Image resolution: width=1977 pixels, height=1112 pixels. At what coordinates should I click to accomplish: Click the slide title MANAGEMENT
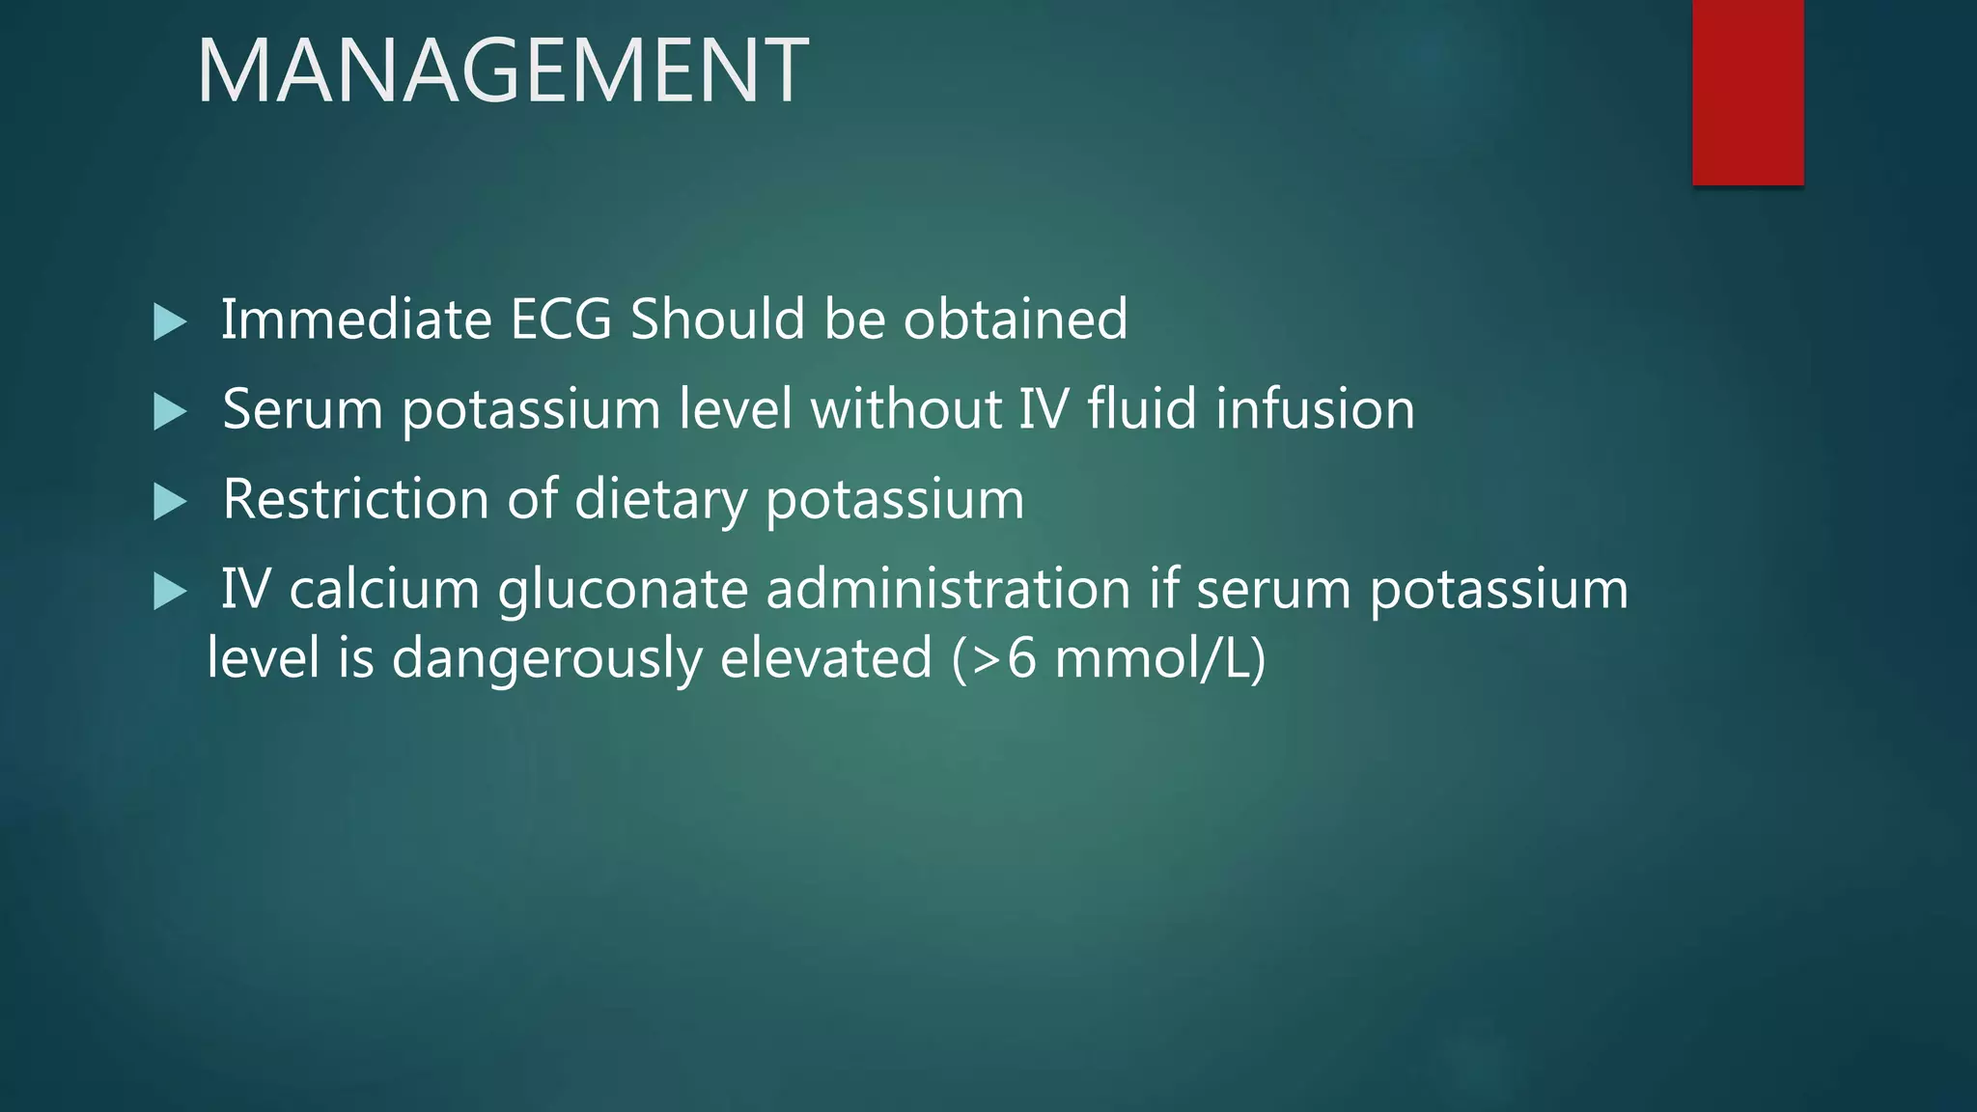(x=502, y=69)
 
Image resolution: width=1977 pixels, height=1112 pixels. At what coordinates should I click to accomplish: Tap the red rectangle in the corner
(x=1747, y=92)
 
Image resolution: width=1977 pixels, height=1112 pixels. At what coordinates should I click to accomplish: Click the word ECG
(x=560, y=319)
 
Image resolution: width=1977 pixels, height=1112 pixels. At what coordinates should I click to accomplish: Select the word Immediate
(x=356, y=319)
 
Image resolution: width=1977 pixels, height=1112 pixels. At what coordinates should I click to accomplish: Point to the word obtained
(x=1015, y=319)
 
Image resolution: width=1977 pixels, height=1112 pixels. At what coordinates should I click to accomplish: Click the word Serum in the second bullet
(x=303, y=408)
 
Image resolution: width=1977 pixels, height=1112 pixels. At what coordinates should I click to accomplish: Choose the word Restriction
(x=355, y=499)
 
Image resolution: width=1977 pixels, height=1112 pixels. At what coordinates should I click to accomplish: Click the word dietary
(x=660, y=501)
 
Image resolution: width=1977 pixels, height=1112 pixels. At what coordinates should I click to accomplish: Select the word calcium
(x=384, y=589)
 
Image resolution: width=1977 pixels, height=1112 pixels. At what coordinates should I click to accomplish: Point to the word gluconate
(x=623, y=591)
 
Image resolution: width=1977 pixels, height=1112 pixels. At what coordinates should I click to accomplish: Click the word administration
(x=948, y=589)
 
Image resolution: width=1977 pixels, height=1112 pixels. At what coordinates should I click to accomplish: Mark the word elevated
(x=826, y=658)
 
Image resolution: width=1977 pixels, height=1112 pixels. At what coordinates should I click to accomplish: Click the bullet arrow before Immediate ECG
(x=170, y=321)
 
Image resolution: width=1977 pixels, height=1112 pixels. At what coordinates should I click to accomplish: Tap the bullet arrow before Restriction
(x=170, y=502)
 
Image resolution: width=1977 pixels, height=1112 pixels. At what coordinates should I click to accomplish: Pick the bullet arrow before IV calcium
(x=170, y=592)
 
